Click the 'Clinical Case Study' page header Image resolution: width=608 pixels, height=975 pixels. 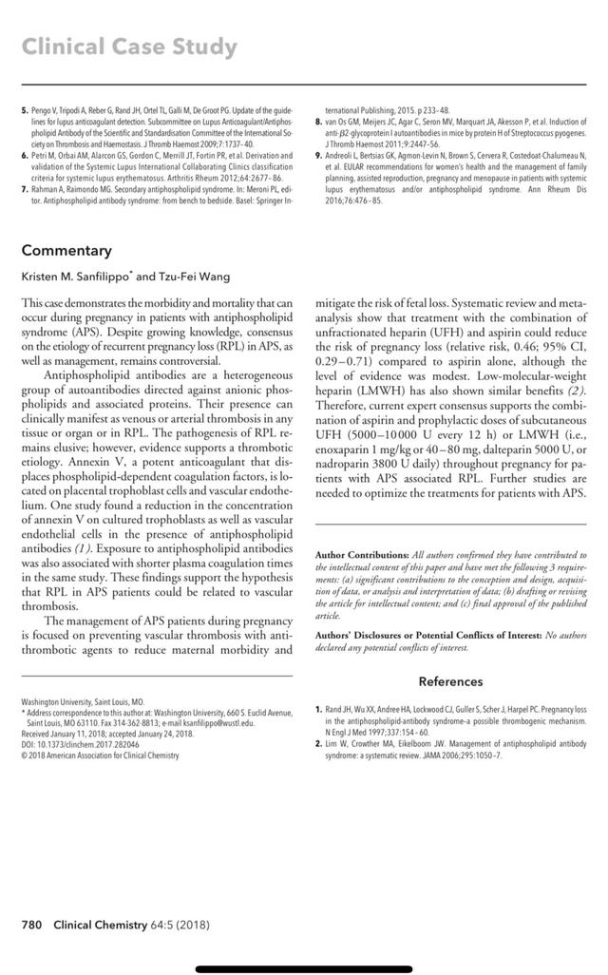click(x=129, y=47)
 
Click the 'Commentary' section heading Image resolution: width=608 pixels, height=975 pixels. click(x=66, y=251)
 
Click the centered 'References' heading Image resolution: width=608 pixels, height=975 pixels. click(x=450, y=680)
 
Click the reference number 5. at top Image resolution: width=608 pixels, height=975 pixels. click(x=25, y=111)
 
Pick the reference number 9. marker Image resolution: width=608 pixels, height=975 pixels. click(x=318, y=154)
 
